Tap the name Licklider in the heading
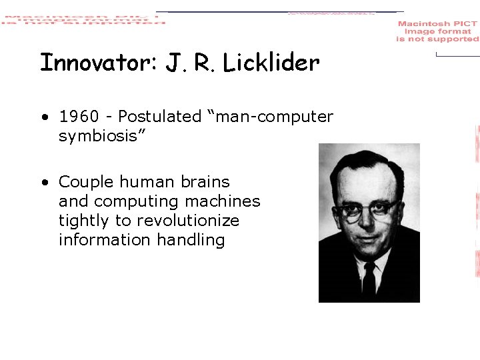point(271,63)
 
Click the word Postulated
point(159,117)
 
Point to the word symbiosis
point(99,137)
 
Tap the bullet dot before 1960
point(43,117)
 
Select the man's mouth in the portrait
point(369,238)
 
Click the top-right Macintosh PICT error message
point(437,31)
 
